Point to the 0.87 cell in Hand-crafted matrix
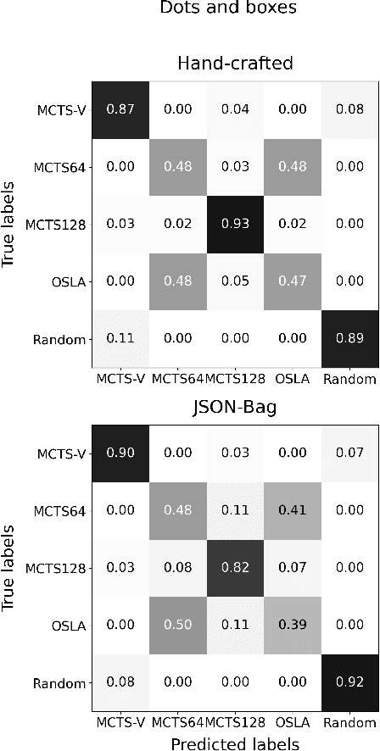click(120, 108)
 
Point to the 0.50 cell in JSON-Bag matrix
click(176, 624)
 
